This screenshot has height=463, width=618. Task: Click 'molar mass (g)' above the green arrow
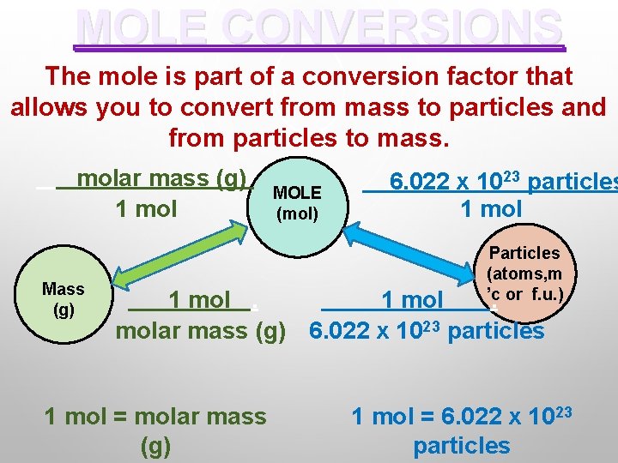(161, 179)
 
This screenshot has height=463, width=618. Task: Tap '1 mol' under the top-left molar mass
(146, 208)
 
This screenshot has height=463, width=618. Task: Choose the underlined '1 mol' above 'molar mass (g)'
(199, 300)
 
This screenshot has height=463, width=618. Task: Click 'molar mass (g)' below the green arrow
(200, 330)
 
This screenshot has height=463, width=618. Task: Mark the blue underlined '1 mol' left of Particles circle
(412, 300)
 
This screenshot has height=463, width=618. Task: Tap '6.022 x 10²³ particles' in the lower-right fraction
(427, 330)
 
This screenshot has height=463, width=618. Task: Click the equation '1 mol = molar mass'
(155, 417)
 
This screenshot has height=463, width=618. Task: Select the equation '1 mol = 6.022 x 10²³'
(462, 417)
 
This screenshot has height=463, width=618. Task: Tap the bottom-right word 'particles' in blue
(462, 446)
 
